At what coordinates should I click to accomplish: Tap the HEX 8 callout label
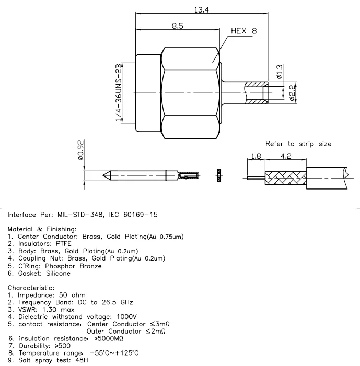(244, 31)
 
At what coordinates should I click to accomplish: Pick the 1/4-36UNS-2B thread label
(119, 92)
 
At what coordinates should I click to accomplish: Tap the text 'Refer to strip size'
(298, 144)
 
